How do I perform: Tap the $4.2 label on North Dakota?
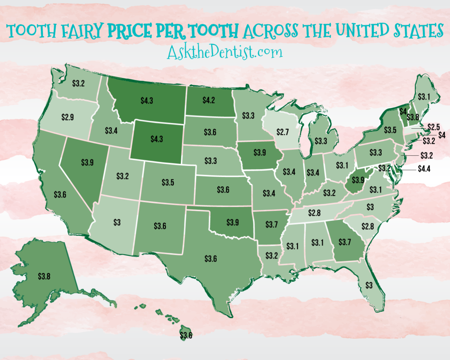(209, 100)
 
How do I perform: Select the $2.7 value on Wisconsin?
(283, 132)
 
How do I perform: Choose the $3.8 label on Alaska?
(44, 275)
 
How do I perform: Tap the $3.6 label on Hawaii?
(186, 334)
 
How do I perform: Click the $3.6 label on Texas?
(210, 259)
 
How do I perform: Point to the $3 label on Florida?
(369, 285)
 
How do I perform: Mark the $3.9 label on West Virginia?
(357, 180)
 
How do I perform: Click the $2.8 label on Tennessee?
(315, 213)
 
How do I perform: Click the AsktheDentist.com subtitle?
(225, 52)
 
